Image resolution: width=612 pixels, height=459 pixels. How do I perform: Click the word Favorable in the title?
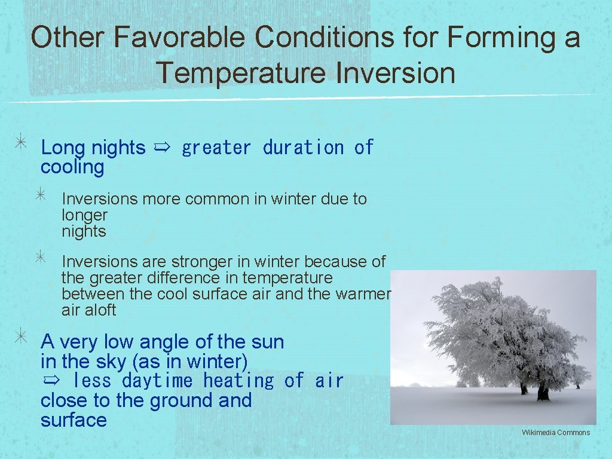coord(180,38)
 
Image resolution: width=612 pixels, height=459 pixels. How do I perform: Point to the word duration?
coord(303,147)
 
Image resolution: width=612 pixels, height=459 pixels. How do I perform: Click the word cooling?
coord(72,167)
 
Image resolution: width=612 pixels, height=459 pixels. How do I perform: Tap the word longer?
coord(84,215)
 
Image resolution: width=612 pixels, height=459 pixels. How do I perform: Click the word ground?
coord(182,400)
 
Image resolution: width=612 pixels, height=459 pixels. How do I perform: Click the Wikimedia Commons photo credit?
coord(555,433)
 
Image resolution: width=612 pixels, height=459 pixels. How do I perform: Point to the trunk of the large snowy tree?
coord(543,391)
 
